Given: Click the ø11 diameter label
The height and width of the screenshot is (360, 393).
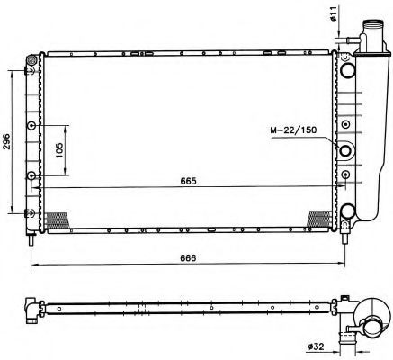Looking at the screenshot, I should pyautogui.click(x=335, y=13).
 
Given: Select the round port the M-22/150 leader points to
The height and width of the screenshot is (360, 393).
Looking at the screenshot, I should pyautogui.click(x=345, y=149).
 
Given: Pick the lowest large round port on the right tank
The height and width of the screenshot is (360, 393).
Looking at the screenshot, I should pyautogui.click(x=348, y=212).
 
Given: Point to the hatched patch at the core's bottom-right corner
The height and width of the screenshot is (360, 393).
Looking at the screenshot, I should pyautogui.click(x=318, y=219).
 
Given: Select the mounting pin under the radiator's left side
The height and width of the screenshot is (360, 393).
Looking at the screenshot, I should pyautogui.click(x=32, y=238).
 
